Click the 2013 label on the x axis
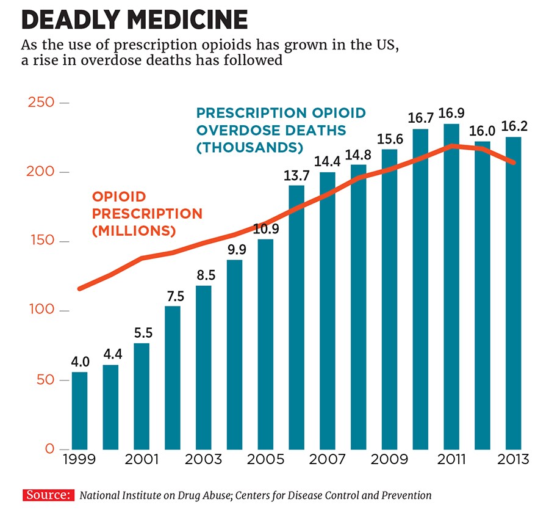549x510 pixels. tap(514, 459)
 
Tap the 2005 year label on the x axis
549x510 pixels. tap(266, 459)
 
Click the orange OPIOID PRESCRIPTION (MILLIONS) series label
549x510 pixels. tap(146, 214)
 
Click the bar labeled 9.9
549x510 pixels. tap(235, 354)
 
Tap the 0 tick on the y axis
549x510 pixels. tap(49, 450)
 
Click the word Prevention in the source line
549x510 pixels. tap(409, 495)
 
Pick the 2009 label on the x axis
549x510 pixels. tap(389, 459)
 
